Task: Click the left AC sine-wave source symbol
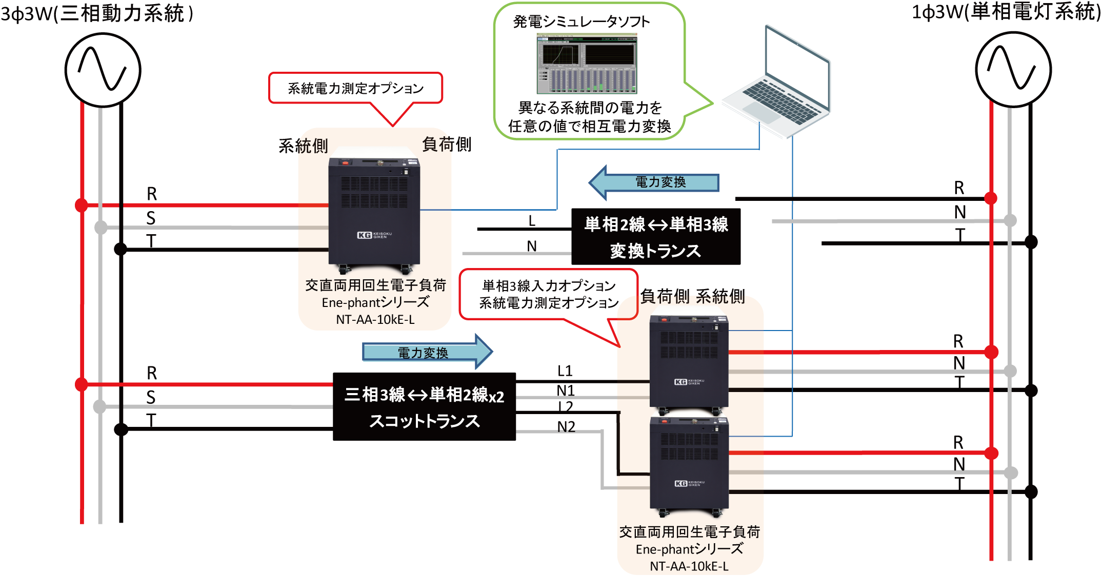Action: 103,70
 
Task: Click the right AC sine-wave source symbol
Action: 1013,69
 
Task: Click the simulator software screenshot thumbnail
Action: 587,64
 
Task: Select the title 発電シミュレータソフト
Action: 582,22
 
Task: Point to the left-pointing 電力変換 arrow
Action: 656,182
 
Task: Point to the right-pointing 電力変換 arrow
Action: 426,353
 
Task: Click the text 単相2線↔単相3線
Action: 656,224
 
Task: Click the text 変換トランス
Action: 655,251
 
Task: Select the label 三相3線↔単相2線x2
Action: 424,395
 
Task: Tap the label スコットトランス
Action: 424,421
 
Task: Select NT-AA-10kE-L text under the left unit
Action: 375,320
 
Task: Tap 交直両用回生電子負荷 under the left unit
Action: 375,285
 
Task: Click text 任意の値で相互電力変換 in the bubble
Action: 589,126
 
